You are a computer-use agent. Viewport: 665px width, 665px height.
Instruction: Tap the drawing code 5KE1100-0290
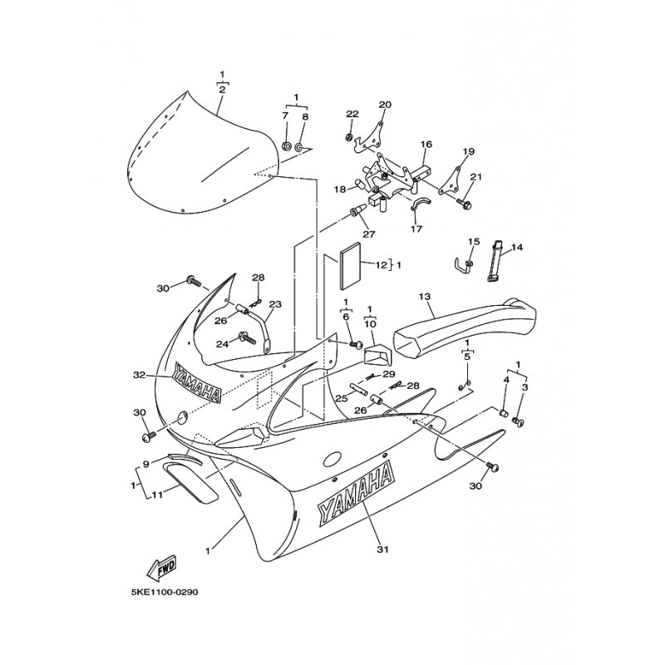pyautogui.click(x=165, y=592)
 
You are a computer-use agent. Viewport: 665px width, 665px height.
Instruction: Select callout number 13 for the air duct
pyautogui.click(x=425, y=297)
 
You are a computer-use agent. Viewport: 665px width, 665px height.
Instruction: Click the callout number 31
pyautogui.click(x=382, y=549)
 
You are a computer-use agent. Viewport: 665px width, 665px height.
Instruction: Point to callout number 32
pyautogui.click(x=139, y=375)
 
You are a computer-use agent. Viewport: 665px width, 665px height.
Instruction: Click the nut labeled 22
pyautogui.click(x=349, y=137)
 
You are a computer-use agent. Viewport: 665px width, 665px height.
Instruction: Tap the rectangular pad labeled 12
pyautogui.click(x=350, y=265)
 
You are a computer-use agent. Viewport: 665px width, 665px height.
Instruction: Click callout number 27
pyautogui.click(x=369, y=234)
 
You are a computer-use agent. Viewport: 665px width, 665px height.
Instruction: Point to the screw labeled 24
pyautogui.click(x=248, y=337)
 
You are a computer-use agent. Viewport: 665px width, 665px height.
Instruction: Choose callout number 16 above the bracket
pyautogui.click(x=426, y=144)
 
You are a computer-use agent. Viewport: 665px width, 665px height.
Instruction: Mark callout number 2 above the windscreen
pyautogui.click(x=222, y=90)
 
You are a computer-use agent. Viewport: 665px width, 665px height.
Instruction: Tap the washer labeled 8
pyautogui.click(x=298, y=148)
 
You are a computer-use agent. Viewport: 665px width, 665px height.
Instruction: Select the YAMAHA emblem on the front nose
pyautogui.click(x=196, y=382)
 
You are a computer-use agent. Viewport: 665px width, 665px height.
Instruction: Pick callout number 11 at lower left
pyautogui.click(x=157, y=494)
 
